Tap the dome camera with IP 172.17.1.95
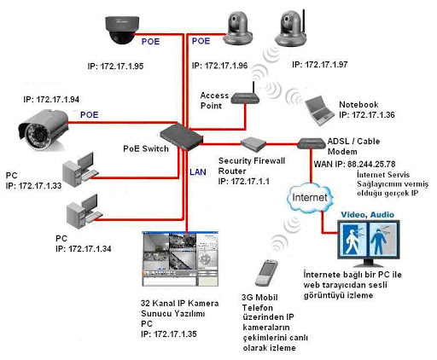[x=122, y=30]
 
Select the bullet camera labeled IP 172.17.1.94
[x=44, y=129]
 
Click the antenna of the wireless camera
[x=304, y=22]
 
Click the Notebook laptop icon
[x=319, y=111]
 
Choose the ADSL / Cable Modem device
[x=312, y=143]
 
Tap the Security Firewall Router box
[x=253, y=144]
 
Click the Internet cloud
[x=310, y=198]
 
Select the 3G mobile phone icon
[x=266, y=273]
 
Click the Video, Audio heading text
[x=368, y=215]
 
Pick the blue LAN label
[x=198, y=172]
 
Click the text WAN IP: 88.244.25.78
[x=354, y=164]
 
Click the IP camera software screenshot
[x=180, y=258]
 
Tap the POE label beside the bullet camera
[x=90, y=115]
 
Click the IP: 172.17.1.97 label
[x=320, y=65]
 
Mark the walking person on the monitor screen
[x=352, y=240]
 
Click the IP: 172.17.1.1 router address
[x=243, y=182]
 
